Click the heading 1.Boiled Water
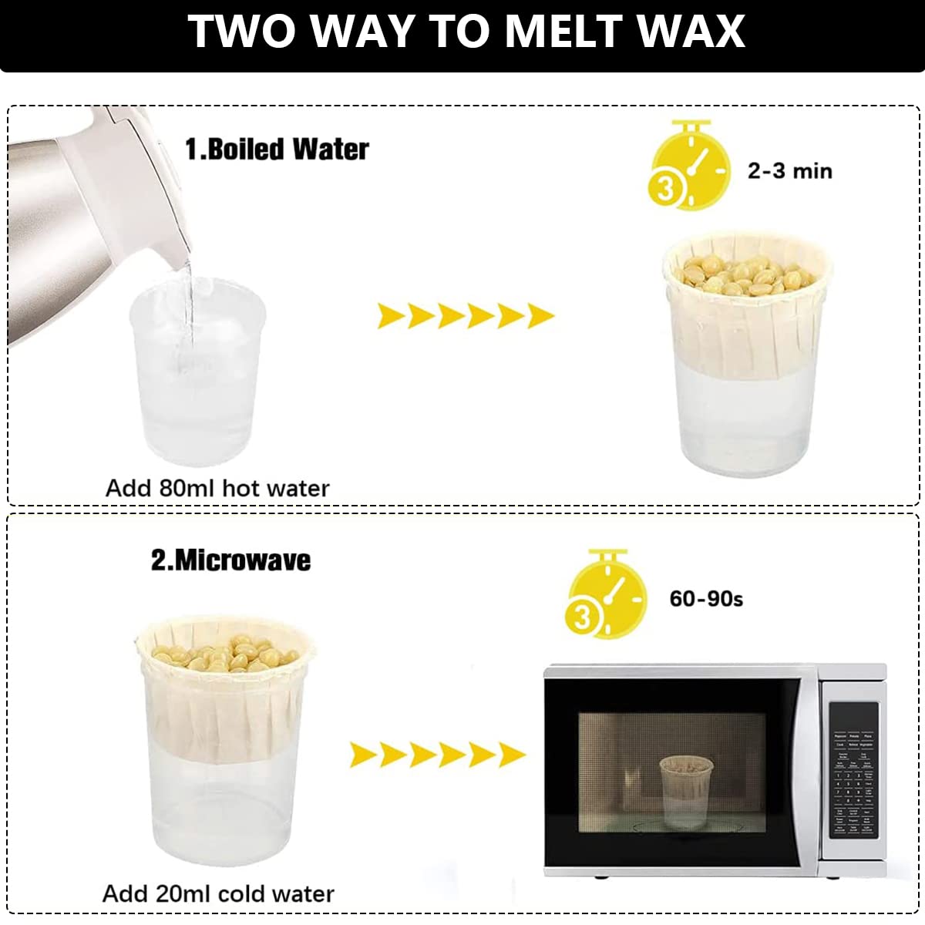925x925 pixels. tap(277, 149)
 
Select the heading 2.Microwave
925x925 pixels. tap(230, 560)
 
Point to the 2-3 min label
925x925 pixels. tap(789, 170)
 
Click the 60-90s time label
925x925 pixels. tap(706, 598)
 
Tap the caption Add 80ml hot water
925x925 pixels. tap(217, 488)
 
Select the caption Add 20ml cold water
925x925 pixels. tap(218, 893)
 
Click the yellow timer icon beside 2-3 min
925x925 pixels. tap(688, 166)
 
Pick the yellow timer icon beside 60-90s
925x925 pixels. tap(606, 594)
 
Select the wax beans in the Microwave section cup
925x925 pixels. tap(224, 654)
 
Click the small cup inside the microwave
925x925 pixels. tap(684, 790)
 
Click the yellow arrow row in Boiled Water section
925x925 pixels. tap(465, 315)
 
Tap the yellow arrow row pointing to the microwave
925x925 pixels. tap(437, 755)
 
